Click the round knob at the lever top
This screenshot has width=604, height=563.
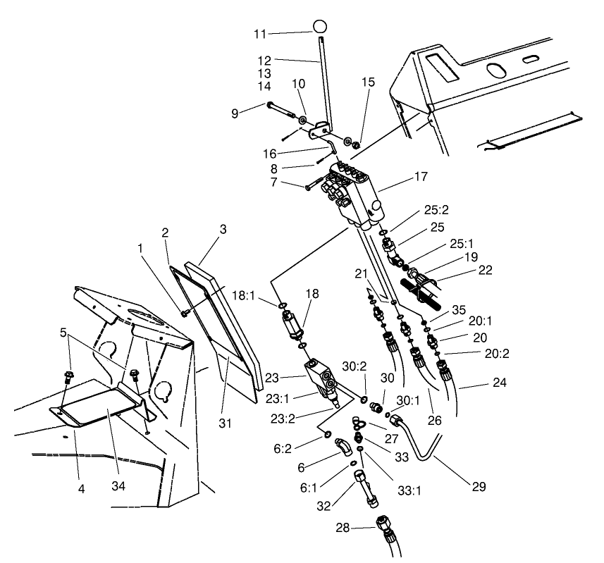(321, 27)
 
